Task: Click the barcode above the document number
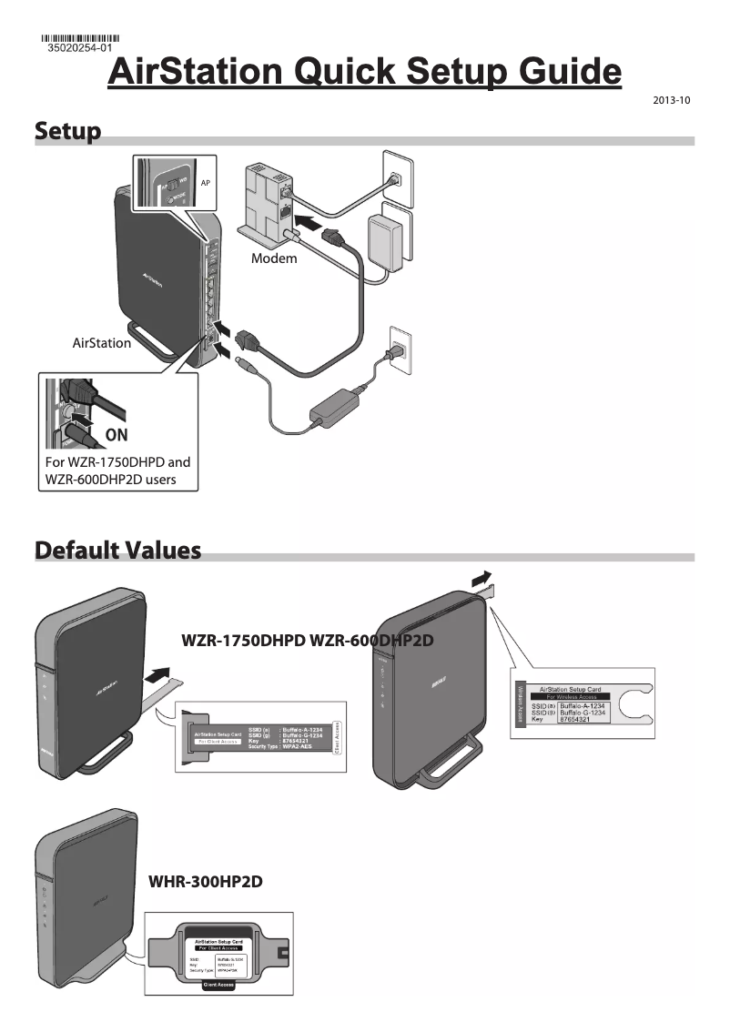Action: (x=80, y=37)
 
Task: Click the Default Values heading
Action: (x=117, y=551)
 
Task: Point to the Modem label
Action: (x=274, y=258)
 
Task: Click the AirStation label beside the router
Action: (x=101, y=343)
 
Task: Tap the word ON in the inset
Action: (x=117, y=435)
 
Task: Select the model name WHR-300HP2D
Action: (x=206, y=882)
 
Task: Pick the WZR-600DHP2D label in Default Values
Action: (x=371, y=641)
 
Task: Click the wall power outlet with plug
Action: (x=399, y=348)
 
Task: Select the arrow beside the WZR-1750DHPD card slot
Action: (x=157, y=674)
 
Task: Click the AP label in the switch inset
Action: (x=206, y=182)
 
